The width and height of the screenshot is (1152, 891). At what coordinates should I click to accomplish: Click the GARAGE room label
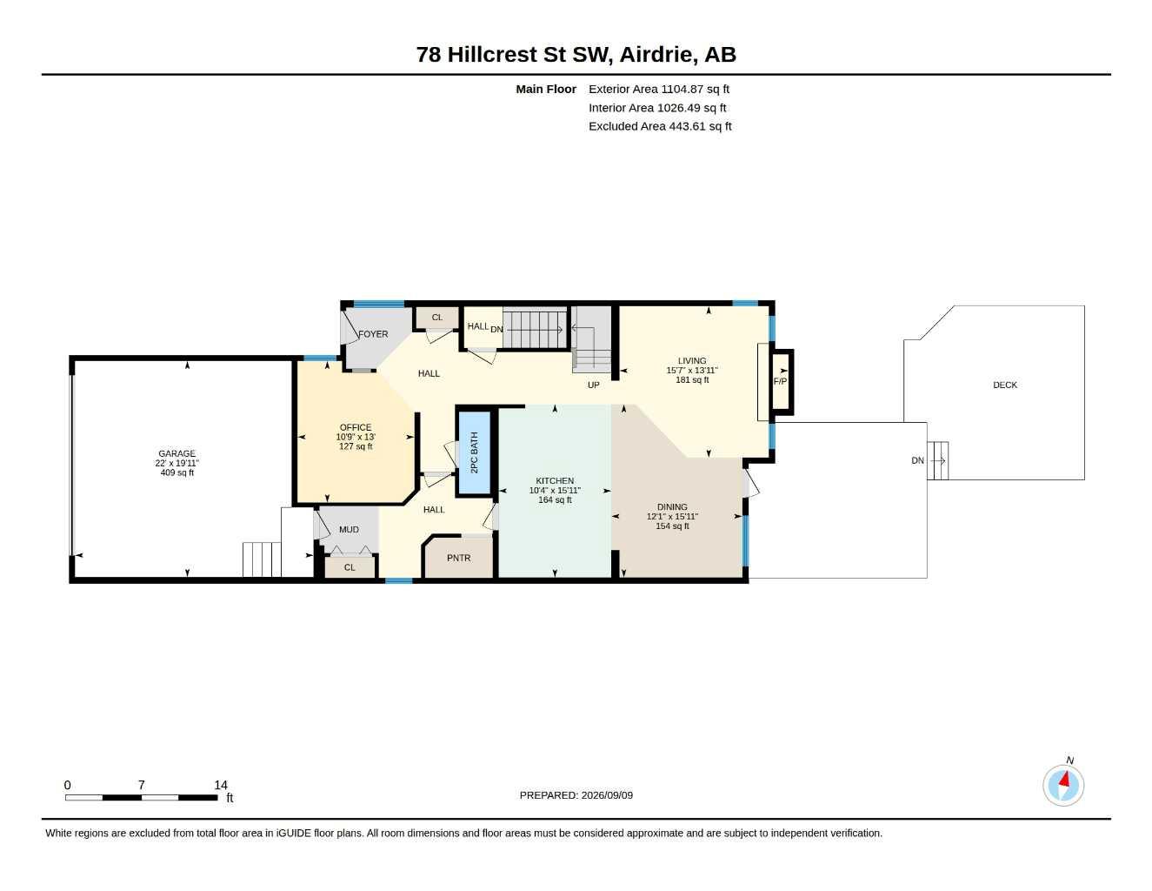click(x=177, y=453)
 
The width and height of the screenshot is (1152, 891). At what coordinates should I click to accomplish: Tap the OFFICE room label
click(x=356, y=427)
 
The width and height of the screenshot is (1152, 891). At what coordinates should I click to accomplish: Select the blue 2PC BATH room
click(x=474, y=452)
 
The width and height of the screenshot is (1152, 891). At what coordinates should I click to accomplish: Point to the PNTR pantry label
click(x=458, y=558)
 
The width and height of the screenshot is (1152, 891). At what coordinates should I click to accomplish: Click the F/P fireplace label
click(x=780, y=381)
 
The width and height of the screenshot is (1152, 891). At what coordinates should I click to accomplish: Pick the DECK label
click(x=1005, y=385)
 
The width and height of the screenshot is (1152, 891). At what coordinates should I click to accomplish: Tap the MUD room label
click(x=349, y=530)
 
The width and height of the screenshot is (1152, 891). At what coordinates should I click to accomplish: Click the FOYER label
click(x=373, y=334)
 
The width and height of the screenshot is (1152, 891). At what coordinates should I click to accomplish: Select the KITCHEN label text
click(x=555, y=481)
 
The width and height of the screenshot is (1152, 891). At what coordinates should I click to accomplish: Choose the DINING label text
click(x=672, y=507)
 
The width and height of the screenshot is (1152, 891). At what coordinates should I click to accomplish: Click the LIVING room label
click(x=692, y=360)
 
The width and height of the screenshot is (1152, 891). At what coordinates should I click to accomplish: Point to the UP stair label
click(x=593, y=385)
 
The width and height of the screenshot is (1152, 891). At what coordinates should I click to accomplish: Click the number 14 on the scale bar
click(x=221, y=785)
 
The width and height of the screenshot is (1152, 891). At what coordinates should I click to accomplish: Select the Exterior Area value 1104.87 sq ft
click(x=695, y=89)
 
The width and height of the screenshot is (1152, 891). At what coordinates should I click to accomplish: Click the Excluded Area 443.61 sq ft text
click(x=660, y=126)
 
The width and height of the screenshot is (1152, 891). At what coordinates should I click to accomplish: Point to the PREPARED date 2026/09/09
click(x=607, y=795)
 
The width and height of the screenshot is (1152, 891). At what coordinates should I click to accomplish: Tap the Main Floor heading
click(x=546, y=89)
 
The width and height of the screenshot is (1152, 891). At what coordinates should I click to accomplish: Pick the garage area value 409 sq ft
click(x=177, y=472)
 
